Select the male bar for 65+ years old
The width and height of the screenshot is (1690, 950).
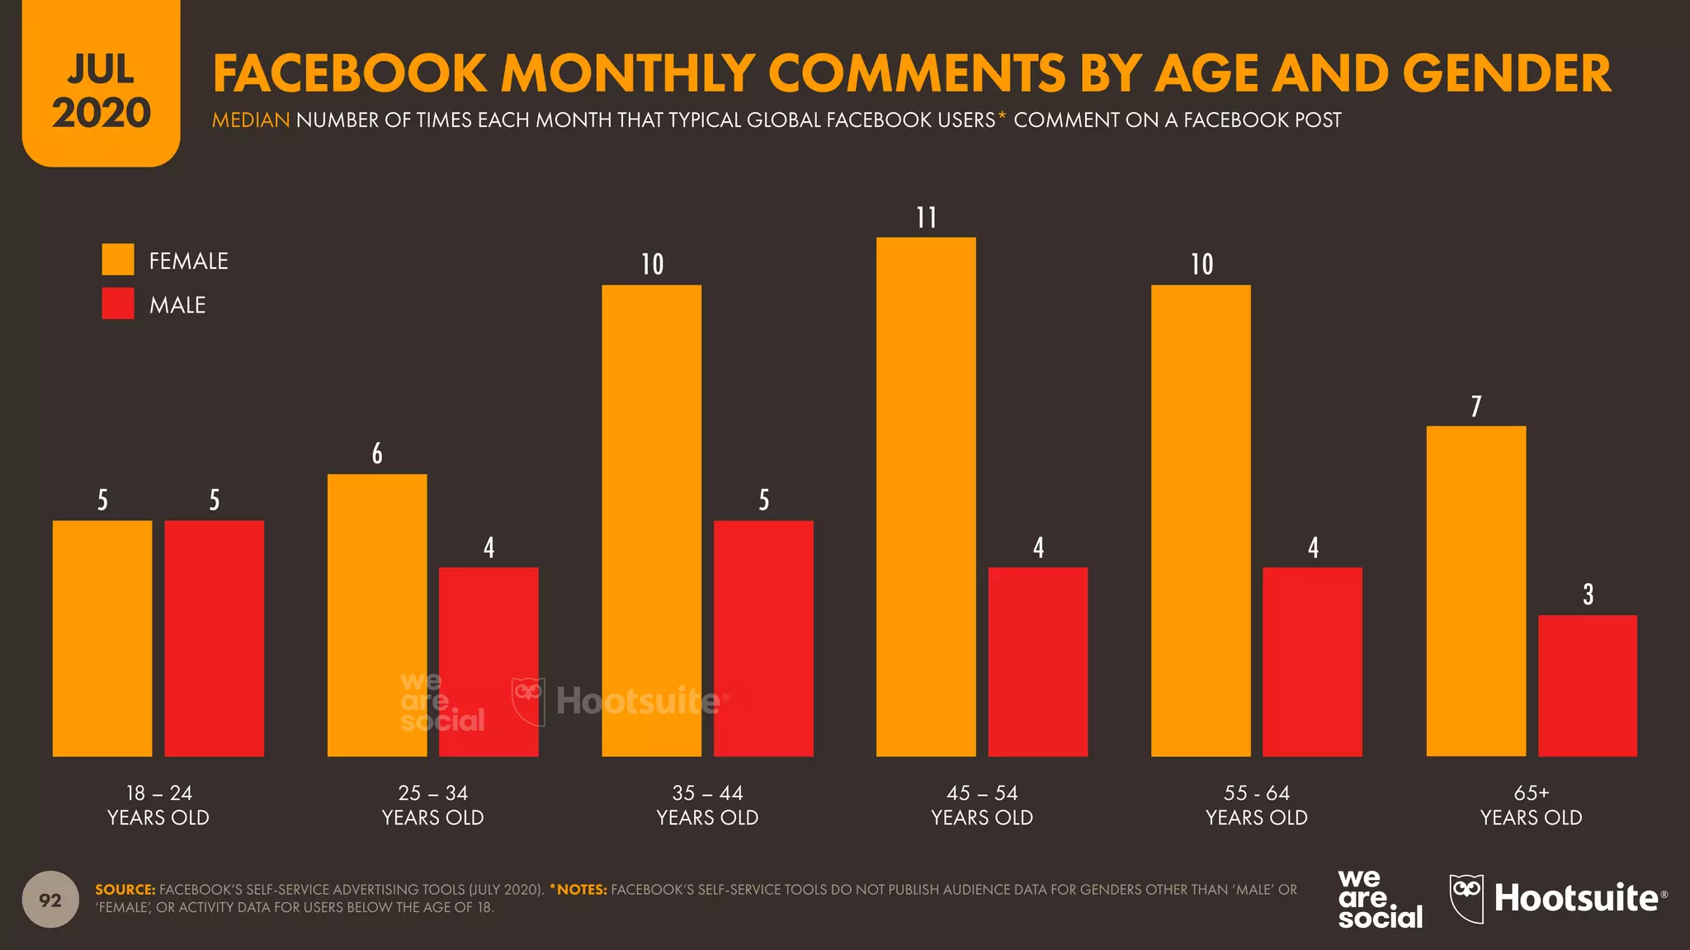coord(1588,685)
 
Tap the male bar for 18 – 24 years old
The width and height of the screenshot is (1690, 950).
coord(215,638)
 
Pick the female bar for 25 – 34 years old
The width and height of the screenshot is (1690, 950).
coord(377,615)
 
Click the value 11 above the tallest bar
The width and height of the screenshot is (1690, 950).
coord(927,218)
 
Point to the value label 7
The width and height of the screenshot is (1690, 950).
coord(1476,407)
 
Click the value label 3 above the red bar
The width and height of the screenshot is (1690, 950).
coord(1588,595)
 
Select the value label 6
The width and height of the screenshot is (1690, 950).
coord(377,454)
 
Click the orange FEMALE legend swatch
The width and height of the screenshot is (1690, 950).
coord(118,260)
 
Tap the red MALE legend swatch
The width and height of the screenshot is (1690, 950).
coord(118,303)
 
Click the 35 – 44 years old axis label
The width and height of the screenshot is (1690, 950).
coord(707,805)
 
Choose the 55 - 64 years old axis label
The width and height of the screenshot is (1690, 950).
coord(1256,805)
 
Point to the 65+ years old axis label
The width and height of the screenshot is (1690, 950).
coord(1531,805)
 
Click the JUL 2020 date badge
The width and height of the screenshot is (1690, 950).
coord(101,91)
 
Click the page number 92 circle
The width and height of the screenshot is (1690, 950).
coord(50,900)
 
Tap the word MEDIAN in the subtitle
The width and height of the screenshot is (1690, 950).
coord(251,120)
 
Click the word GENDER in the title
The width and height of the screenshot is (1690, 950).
coord(1506,73)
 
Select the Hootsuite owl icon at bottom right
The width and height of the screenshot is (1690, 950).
coord(1466,898)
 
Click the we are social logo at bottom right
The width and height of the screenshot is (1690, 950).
coord(1379,899)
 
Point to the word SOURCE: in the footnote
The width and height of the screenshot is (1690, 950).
coord(125,890)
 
